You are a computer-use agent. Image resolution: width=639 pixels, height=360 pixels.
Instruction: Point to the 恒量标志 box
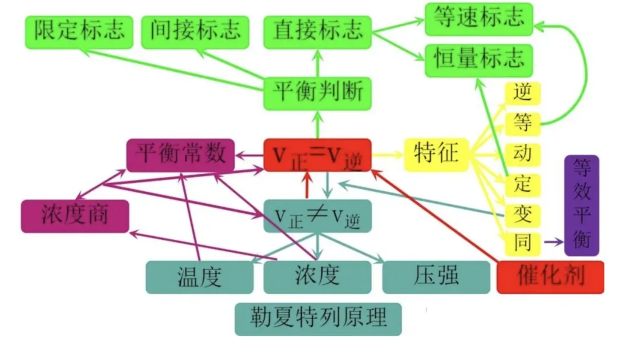click(479, 60)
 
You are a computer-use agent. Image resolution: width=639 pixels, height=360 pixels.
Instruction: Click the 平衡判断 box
click(317, 93)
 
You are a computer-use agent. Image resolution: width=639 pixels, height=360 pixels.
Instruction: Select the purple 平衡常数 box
click(180, 155)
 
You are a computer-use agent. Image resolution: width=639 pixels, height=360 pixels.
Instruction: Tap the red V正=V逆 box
click(317, 155)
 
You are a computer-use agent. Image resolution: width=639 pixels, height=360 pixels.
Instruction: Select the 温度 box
click(199, 277)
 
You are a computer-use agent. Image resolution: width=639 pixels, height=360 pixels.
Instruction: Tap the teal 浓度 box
click(317, 277)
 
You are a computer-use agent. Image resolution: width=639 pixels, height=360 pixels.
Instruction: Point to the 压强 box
click(436, 277)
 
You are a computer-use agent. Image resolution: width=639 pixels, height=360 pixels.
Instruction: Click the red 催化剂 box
click(550, 277)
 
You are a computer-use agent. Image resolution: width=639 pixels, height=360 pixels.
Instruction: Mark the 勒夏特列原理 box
click(318, 319)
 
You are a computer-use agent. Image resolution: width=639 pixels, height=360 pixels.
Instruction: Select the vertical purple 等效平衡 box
click(582, 205)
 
